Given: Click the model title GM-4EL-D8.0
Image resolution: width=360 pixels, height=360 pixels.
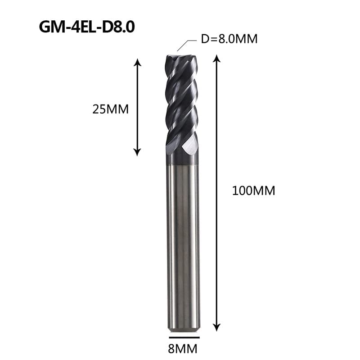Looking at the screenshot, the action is click(x=87, y=27).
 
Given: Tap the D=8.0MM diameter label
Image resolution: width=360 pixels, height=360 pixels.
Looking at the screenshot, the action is click(x=229, y=39).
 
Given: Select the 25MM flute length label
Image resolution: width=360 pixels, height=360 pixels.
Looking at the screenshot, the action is click(x=110, y=109).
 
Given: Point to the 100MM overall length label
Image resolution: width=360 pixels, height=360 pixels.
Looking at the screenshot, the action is click(x=253, y=191).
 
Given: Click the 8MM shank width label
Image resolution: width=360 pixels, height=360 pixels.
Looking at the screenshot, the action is click(x=183, y=349).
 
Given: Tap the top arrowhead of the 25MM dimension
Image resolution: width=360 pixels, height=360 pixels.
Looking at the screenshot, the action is click(x=137, y=62).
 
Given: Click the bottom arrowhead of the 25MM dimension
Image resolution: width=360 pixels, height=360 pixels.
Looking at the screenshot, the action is click(x=137, y=152).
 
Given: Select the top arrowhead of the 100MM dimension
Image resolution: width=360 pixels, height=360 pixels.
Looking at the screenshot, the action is click(x=216, y=59).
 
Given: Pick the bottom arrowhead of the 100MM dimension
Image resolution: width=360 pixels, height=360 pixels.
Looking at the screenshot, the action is click(x=216, y=327).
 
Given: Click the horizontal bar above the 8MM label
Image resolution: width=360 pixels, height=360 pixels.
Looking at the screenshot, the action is click(x=184, y=337).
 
